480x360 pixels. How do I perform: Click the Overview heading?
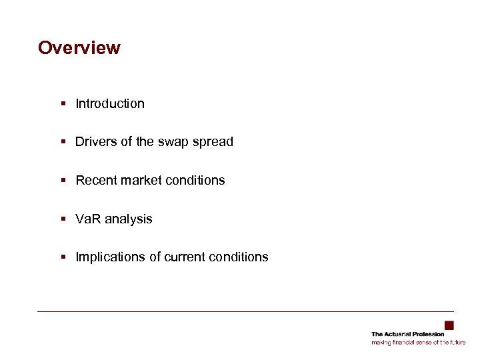coord(79,48)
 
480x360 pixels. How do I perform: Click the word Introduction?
coord(110,103)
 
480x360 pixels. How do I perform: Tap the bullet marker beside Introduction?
coord(62,103)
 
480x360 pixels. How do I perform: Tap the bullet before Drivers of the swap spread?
coord(62,141)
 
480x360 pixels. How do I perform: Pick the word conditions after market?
coord(193,180)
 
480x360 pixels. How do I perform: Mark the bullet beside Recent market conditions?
coord(62,180)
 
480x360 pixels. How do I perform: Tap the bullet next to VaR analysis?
coord(62,219)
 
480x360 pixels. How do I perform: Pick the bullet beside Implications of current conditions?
coord(62,257)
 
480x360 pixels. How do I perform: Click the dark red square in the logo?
coord(449,325)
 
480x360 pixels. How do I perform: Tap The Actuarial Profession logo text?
coord(407,334)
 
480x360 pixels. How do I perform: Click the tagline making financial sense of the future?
coord(418,342)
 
